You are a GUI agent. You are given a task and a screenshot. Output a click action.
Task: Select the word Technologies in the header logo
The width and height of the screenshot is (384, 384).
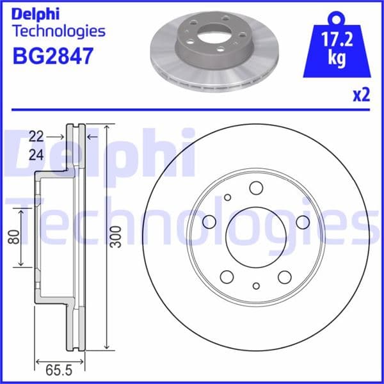coord(58,30)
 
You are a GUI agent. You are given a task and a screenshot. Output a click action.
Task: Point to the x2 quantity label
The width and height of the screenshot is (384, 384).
coord(361,95)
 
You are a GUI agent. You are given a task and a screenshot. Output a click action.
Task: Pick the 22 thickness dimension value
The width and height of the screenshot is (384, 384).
coord(36,136)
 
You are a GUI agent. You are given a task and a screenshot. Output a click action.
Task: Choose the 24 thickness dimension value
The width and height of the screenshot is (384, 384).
coord(36,154)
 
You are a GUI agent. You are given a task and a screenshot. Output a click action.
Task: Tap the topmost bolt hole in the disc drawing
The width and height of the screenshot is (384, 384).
coord(256,188)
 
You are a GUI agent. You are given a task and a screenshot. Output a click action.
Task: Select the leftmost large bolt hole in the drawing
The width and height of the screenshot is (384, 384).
coord(209,221)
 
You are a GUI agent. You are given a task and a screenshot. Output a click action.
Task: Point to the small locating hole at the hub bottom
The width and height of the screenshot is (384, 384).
coord(256,285)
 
